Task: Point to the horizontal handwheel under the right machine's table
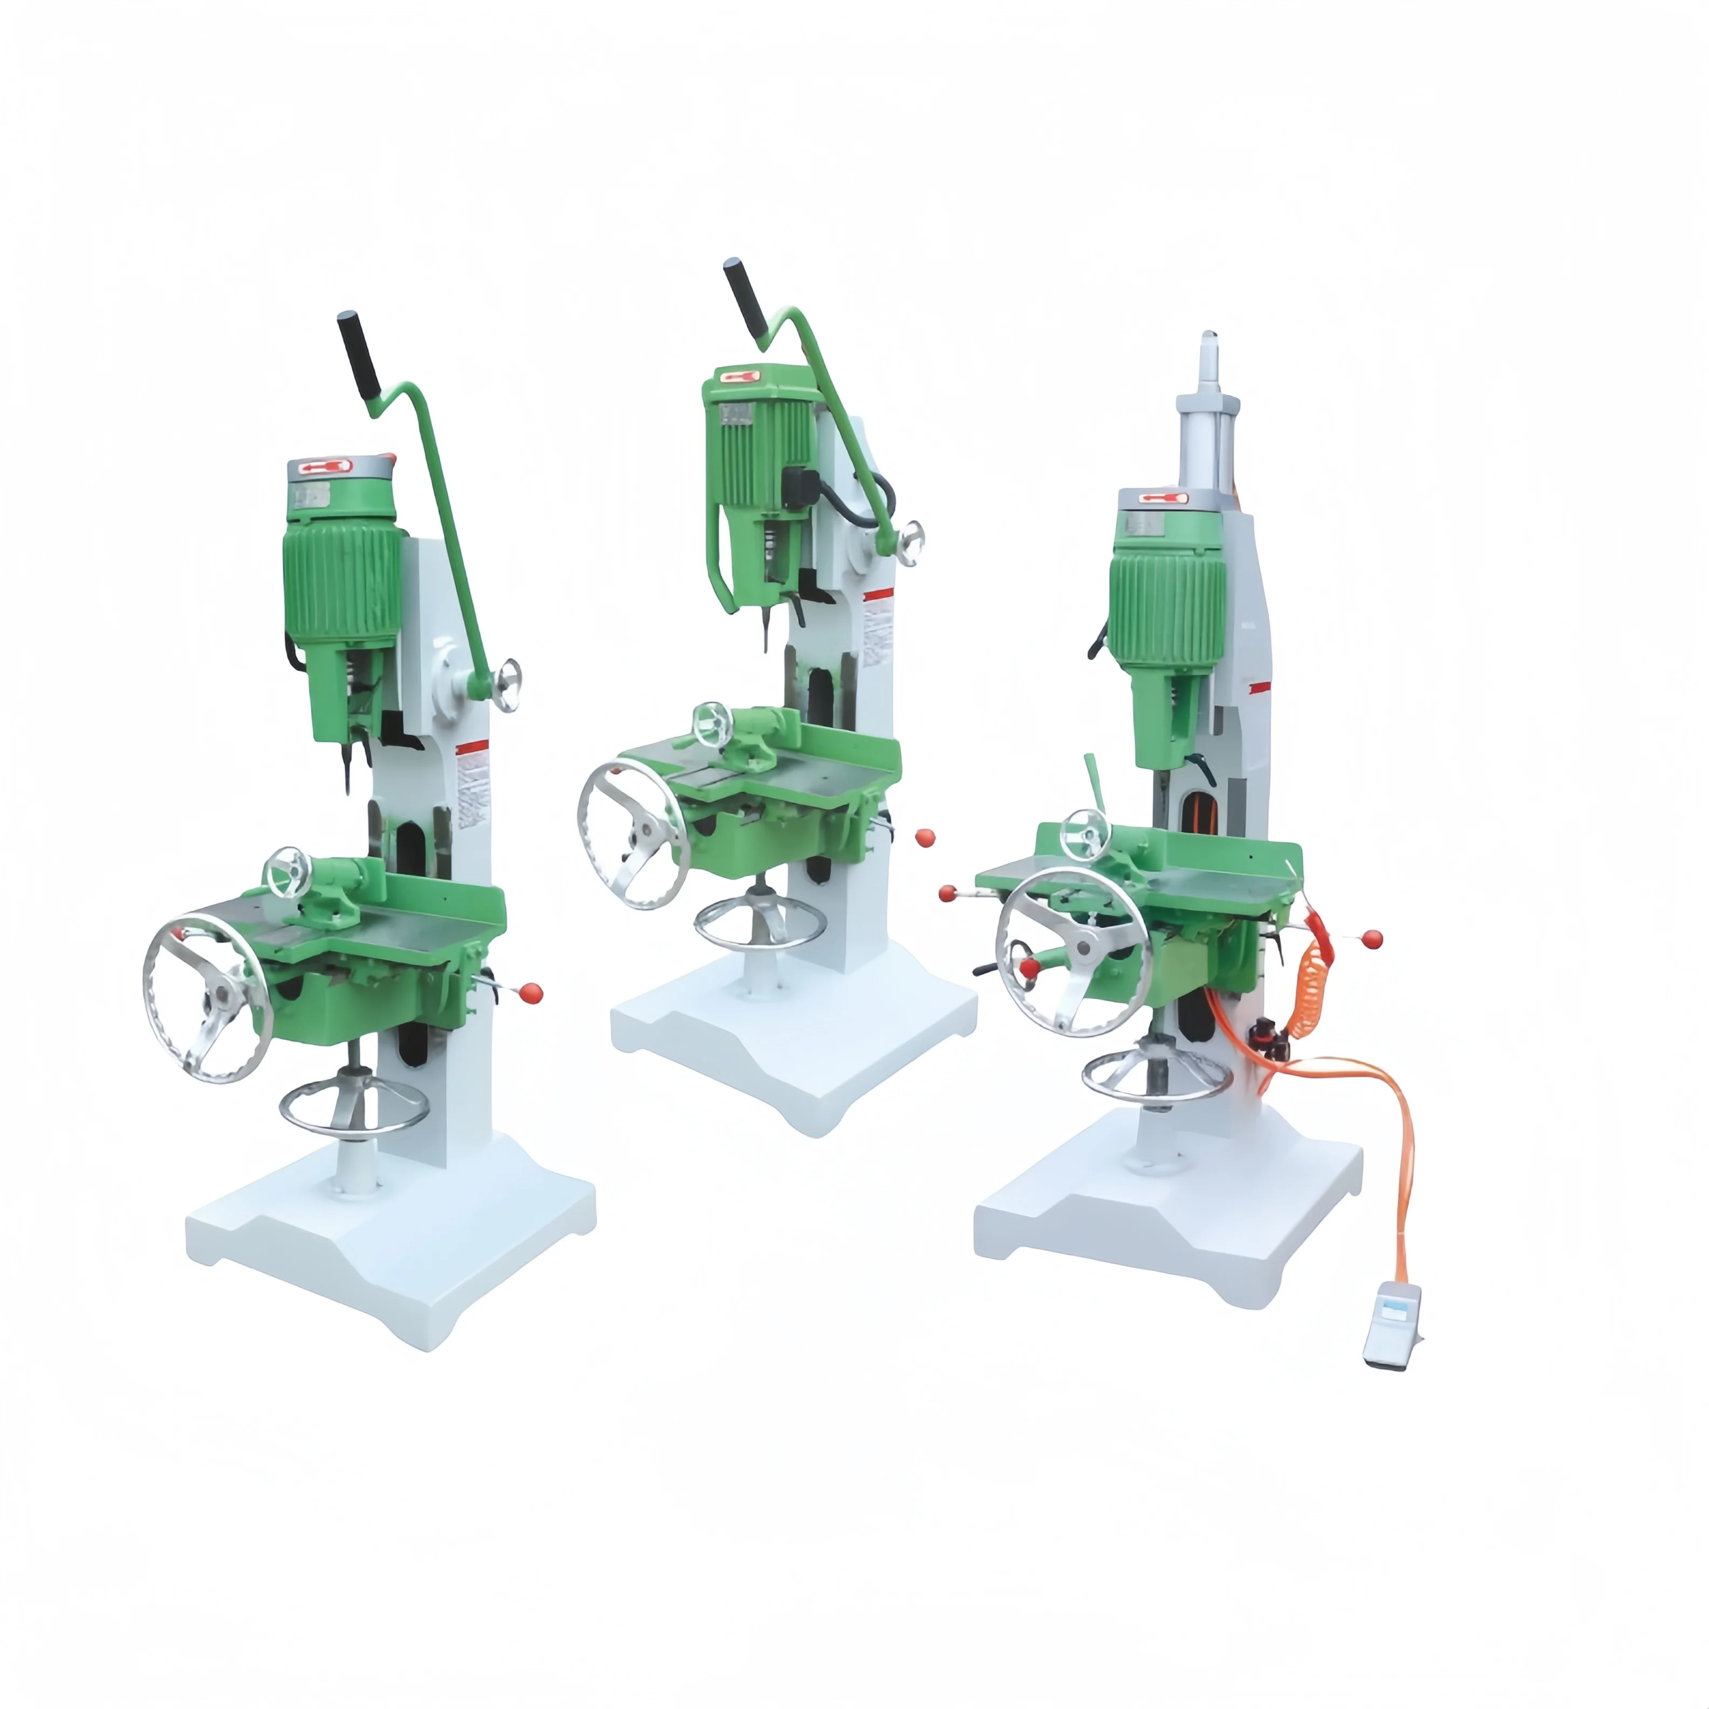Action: pyautogui.click(x=1157, y=1077)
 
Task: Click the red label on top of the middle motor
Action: pyautogui.click(x=741, y=376)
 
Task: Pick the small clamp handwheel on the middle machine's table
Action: pyautogui.click(x=713, y=724)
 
